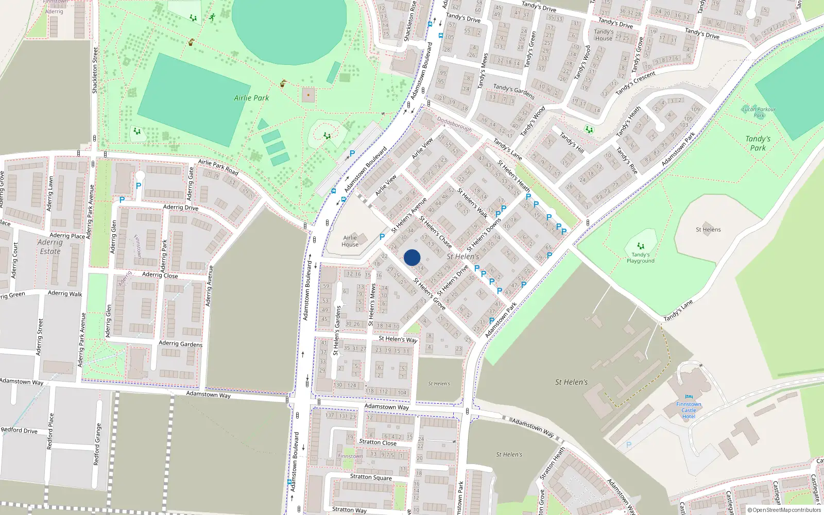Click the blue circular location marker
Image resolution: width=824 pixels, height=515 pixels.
[412, 257]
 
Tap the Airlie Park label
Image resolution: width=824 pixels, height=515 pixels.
[251, 98]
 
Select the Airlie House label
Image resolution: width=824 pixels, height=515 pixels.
[350, 241]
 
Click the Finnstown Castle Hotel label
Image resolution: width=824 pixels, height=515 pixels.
[689, 410]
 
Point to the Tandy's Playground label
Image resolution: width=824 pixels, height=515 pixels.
[641, 257]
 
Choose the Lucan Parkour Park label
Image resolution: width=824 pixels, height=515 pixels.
[759, 112]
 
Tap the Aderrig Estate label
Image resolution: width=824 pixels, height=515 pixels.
[50, 247]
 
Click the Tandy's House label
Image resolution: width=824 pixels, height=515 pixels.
[604, 35]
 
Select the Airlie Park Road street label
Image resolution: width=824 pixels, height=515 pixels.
[218, 166]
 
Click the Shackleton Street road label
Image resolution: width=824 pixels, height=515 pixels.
[95, 71]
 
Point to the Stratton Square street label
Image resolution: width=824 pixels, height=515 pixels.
[371, 477]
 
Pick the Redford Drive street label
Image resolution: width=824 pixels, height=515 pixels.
[19, 430]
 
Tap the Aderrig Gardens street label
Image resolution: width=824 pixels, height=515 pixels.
[180, 344]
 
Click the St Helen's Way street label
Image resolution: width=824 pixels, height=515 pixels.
[398, 339]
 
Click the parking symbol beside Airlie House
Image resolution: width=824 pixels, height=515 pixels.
[382, 237]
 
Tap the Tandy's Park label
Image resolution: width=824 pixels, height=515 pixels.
[758, 143]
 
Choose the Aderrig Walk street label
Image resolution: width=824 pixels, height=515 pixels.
[65, 293]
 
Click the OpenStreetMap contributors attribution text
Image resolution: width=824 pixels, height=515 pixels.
[784, 510]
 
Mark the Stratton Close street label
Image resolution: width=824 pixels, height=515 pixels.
[377, 442]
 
